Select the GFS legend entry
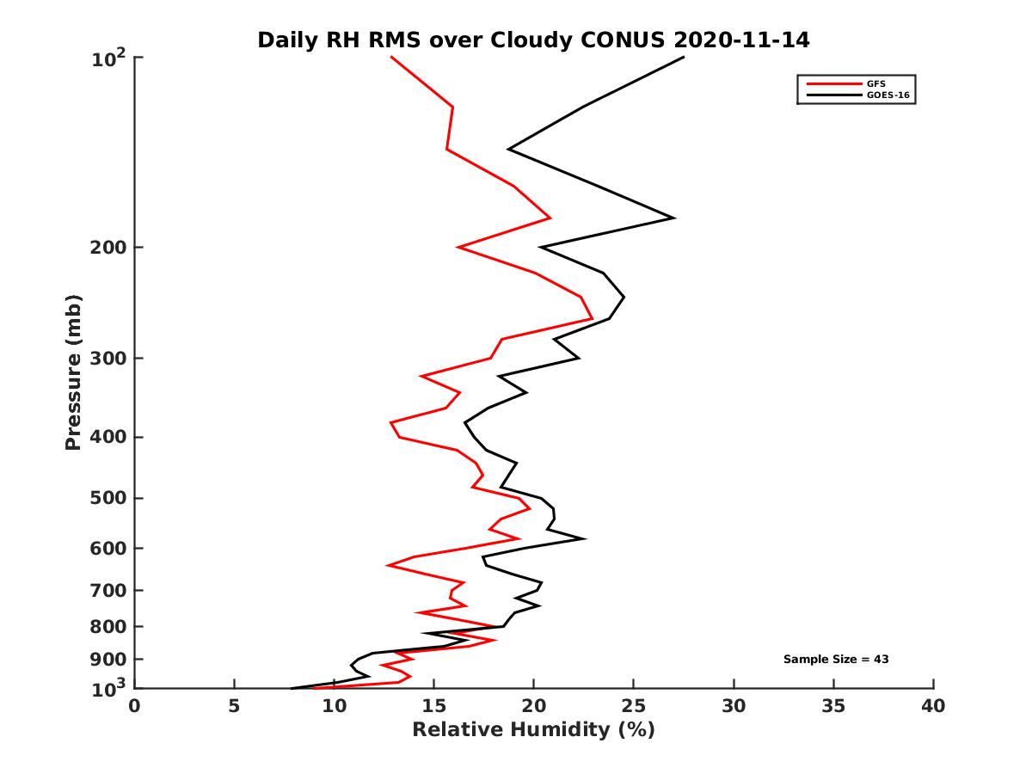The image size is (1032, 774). point(875,84)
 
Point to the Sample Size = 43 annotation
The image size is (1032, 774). point(835,660)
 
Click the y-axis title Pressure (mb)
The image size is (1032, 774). point(73,372)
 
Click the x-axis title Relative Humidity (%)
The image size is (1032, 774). point(533,730)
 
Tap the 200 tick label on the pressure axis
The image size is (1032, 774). point(109,248)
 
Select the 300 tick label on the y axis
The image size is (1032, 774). point(109,358)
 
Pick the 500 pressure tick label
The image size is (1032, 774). point(109,498)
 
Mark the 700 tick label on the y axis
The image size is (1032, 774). point(109,590)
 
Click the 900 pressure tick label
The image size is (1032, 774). point(109,660)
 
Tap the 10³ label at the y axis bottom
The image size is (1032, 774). point(109,688)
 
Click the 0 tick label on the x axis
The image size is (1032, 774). point(135,706)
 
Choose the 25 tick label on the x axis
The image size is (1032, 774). point(634,706)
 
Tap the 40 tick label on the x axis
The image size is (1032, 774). point(933,706)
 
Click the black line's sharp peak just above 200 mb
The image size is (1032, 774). point(674,218)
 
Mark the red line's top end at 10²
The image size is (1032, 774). point(391,58)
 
